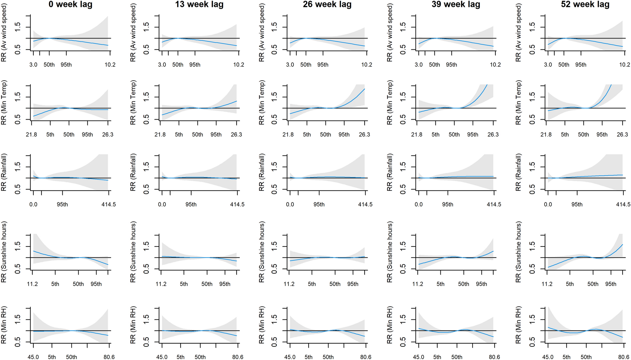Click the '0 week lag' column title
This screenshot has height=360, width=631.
(x=70, y=4)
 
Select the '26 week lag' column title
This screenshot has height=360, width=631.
(x=327, y=4)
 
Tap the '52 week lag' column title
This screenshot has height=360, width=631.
(x=585, y=4)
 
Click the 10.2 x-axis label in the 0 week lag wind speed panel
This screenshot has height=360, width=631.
(x=110, y=65)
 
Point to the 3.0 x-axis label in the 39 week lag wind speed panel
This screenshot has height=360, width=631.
(x=419, y=65)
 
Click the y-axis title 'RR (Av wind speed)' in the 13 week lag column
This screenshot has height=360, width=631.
(x=133, y=33)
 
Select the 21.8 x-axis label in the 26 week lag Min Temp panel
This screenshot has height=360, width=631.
(x=288, y=135)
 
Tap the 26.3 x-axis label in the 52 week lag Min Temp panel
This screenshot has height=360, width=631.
(x=622, y=135)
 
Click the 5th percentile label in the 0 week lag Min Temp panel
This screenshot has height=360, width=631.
(x=50, y=135)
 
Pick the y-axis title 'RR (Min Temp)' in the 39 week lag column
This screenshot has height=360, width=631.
(x=390, y=103)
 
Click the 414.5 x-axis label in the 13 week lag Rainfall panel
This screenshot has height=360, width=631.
(x=237, y=205)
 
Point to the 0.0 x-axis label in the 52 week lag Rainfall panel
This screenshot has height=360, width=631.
(x=548, y=205)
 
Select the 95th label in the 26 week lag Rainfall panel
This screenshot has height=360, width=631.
(x=319, y=205)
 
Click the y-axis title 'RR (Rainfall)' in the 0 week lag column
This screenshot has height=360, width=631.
(x=4, y=172)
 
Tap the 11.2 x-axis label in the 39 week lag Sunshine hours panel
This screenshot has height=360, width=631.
(x=418, y=284)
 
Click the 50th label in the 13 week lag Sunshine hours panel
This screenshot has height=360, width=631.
(x=207, y=284)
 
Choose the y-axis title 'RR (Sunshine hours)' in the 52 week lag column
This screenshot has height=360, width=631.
(x=518, y=252)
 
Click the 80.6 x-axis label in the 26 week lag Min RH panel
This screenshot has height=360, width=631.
(x=366, y=357)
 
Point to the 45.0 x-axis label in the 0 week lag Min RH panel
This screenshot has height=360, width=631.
(x=33, y=357)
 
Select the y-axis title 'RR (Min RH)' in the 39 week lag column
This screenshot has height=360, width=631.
(x=390, y=325)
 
